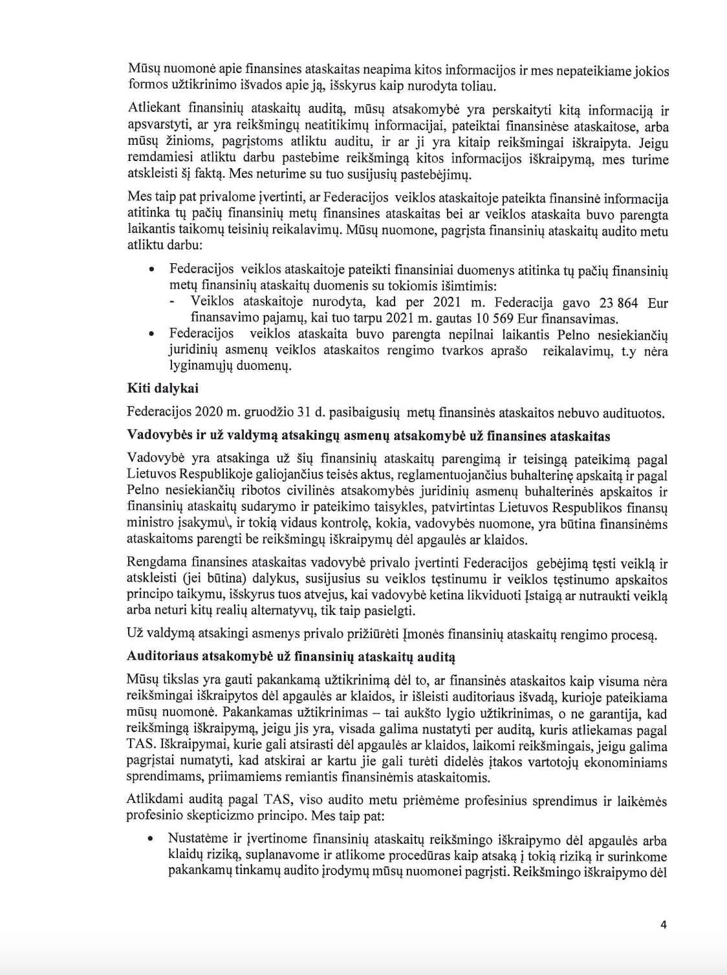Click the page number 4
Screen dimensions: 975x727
pyautogui.click(x=663, y=925)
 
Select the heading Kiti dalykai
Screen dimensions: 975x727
pyautogui.click(x=162, y=389)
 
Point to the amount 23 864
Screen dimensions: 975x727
pyautogui.click(x=618, y=303)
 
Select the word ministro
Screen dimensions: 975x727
pyautogui.click(x=150, y=523)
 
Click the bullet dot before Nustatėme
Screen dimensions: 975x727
pyautogui.click(x=151, y=839)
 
